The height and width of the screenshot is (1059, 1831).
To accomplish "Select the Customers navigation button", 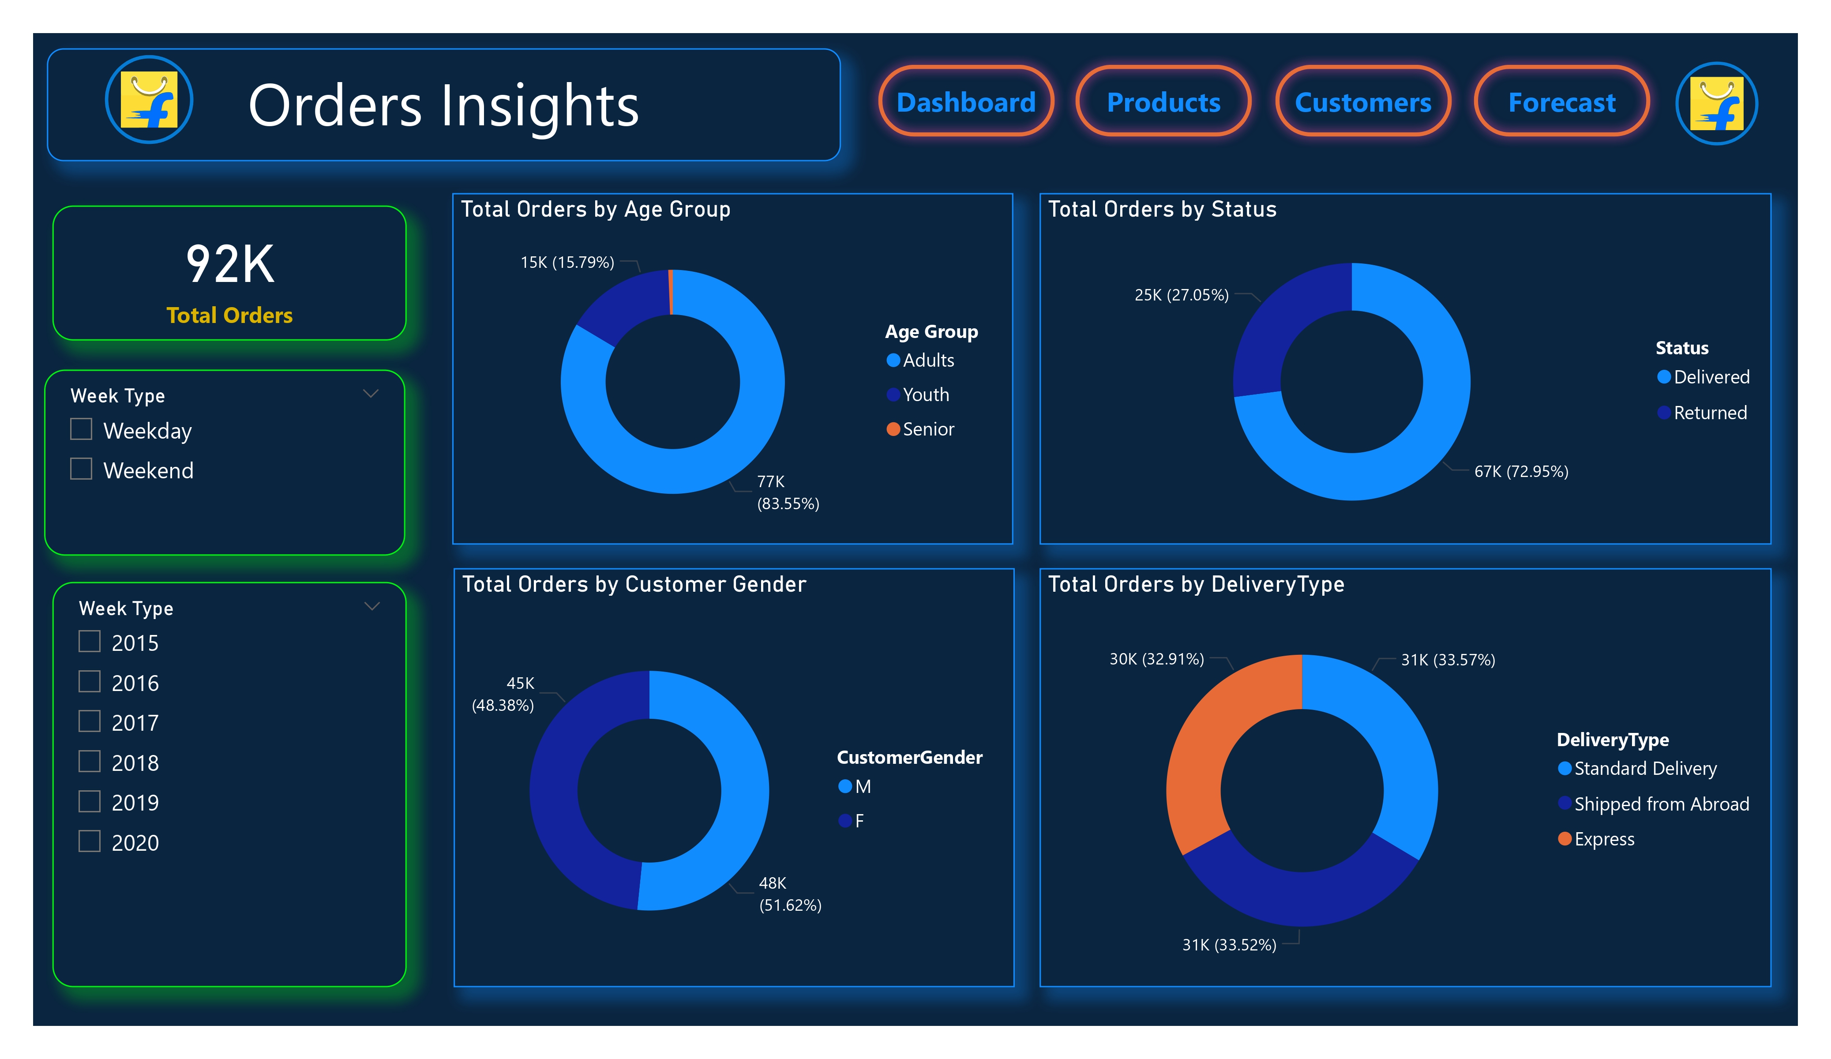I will point(1362,102).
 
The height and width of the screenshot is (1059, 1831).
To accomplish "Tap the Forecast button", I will point(1561,102).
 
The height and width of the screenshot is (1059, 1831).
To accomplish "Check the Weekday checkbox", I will point(81,430).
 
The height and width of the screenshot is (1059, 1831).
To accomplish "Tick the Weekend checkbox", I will point(81,469).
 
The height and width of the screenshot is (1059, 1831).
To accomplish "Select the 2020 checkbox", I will point(90,841).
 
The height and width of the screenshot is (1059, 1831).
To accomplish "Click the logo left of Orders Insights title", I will point(149,100).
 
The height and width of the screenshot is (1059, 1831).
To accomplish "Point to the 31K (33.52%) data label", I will point(1229,944).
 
